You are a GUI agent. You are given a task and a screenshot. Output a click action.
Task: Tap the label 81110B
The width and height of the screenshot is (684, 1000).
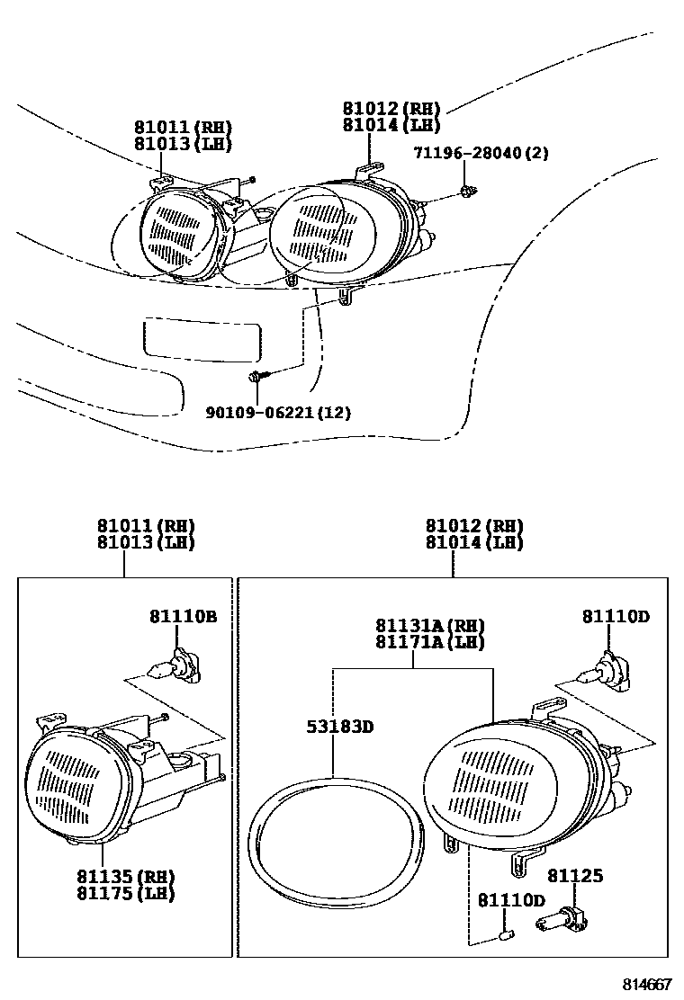pos(183,616)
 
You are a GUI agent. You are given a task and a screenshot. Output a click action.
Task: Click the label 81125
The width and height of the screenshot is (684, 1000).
pos(575,875)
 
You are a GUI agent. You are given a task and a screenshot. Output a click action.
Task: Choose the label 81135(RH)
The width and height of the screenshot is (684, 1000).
pos(125,877)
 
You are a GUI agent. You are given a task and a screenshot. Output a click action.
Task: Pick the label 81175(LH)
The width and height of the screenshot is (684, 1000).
pos(125,893)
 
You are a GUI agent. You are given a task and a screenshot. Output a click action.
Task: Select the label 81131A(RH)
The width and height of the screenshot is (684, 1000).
pos(430,626)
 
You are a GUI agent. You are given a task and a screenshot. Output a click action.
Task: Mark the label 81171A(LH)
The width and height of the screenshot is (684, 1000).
pos(430,642)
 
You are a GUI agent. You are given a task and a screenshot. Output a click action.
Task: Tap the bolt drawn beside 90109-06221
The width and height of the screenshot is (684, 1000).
pos(256,377)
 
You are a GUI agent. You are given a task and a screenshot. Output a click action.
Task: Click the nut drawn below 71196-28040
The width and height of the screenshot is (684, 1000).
pos(466,191)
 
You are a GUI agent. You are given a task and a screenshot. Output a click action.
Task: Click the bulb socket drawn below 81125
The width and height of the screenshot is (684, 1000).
pos(558,920)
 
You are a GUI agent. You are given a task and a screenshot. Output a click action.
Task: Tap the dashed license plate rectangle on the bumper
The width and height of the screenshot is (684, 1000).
pos(203,340)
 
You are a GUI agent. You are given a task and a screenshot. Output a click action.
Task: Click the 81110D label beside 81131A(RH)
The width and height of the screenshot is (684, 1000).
pos(615,616)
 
